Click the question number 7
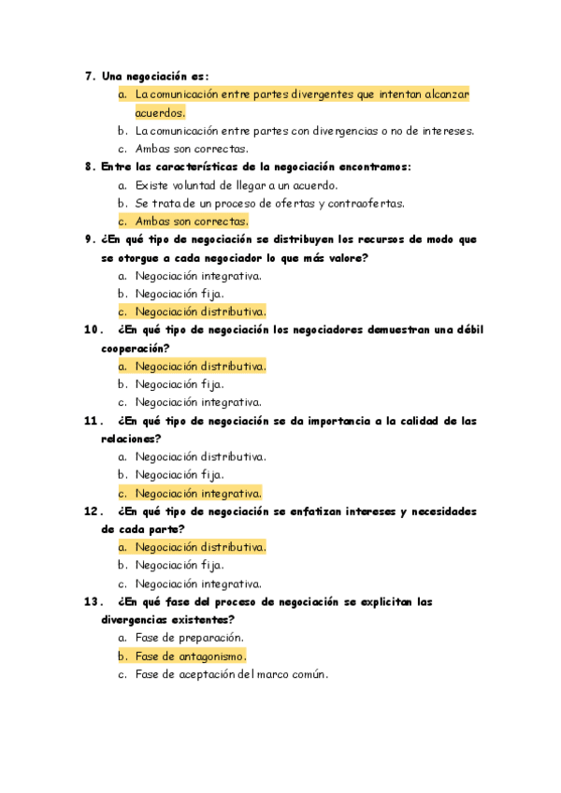(89, 77)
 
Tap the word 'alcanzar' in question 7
(445, 94)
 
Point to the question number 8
(89, 166)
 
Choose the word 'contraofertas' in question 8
(364, 203)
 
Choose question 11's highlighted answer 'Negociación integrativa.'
(197, 493)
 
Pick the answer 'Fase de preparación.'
(190, 638)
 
